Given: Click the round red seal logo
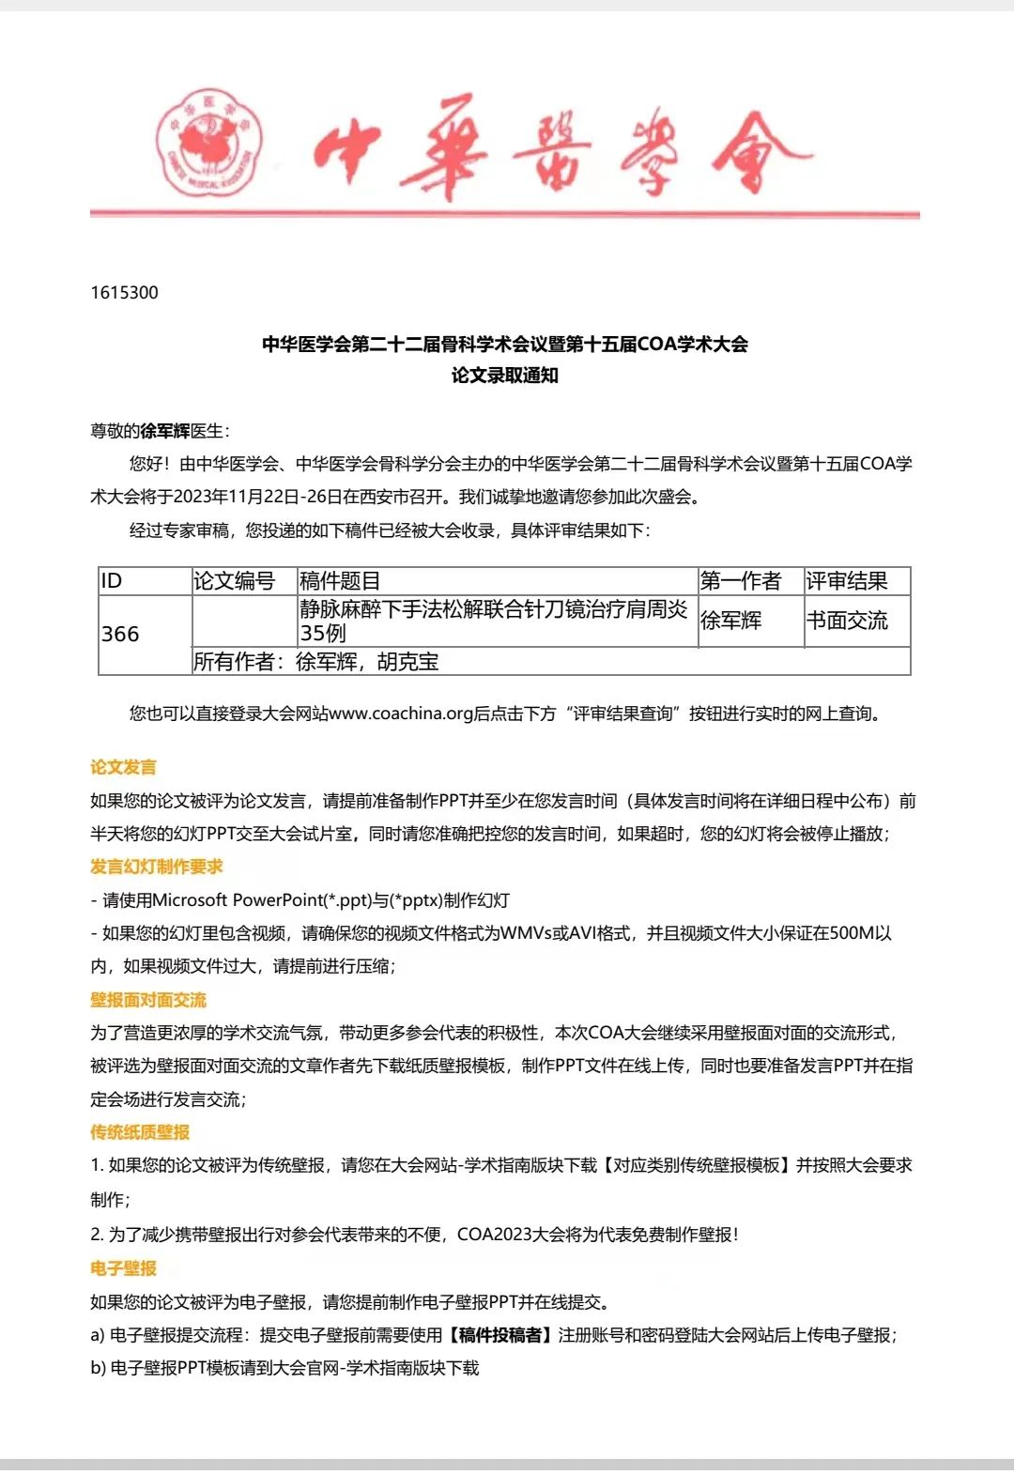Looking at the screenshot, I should point(209,143).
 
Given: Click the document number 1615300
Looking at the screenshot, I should point(124,292).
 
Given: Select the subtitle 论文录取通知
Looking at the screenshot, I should point(505,376).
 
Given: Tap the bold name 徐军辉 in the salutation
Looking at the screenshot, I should point(164,431).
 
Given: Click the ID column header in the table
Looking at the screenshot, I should point(112,581).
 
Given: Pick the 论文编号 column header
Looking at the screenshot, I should point(234,581).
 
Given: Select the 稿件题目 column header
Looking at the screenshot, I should point(340,581).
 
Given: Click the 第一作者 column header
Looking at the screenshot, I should point(741,581).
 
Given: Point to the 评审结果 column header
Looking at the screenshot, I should point(847,581).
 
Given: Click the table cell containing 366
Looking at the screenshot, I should point(120,634).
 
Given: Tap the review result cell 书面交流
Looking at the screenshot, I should point(847,621).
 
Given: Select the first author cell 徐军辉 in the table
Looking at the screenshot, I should point(730,621).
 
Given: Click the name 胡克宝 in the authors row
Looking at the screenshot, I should point(408,662).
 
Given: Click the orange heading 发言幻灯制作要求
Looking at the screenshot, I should point(157,867).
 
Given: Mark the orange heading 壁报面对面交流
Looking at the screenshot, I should point(148,1000).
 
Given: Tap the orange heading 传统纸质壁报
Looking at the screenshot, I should point(140,1132).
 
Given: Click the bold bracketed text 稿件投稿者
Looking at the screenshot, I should point(500,1335).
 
